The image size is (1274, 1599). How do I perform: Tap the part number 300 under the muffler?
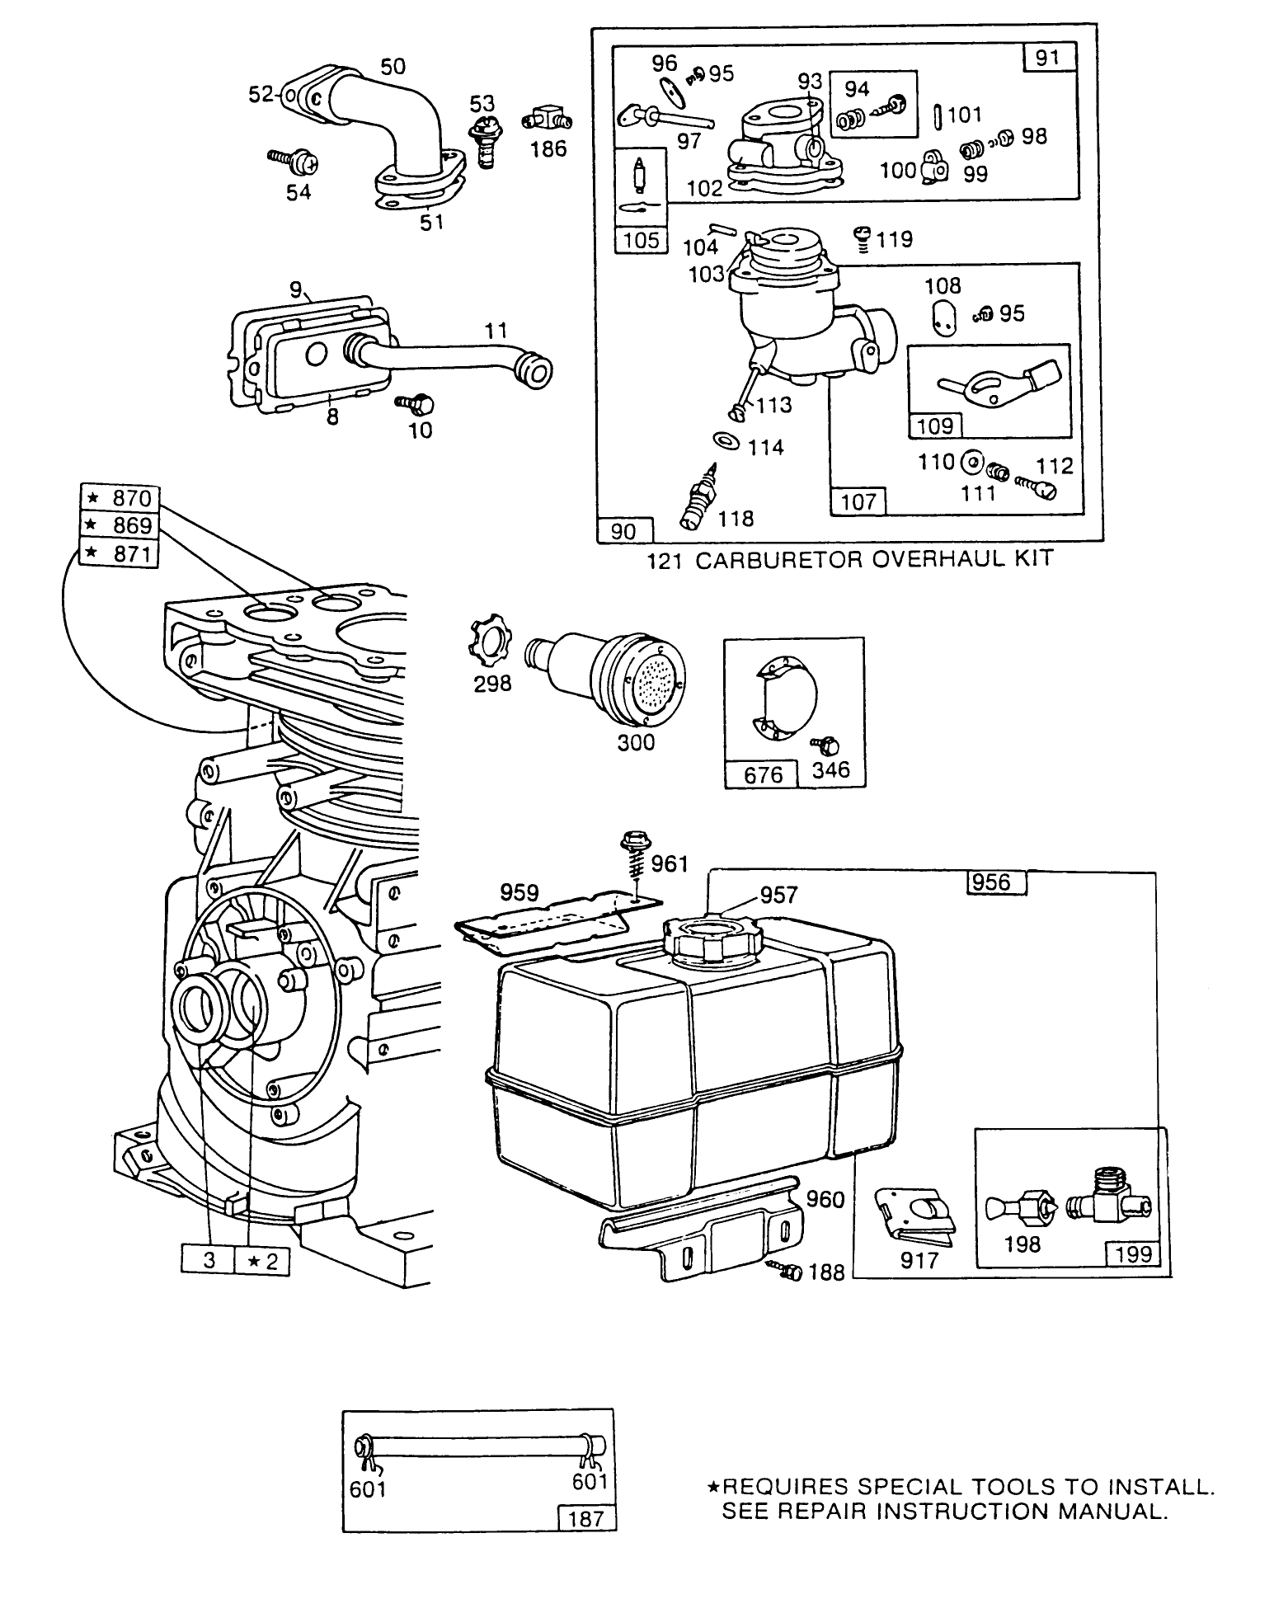[636, 742]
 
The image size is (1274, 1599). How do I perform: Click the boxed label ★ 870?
[120, 498]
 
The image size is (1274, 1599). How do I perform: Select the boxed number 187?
[586, 1518]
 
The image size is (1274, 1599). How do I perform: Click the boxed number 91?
[1047, 59]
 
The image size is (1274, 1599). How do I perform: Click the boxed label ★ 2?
[262, 1261]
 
